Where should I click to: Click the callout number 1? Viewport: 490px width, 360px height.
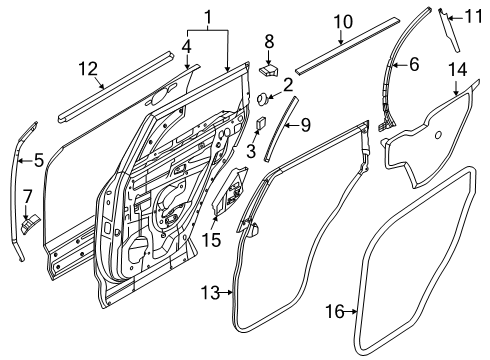207,17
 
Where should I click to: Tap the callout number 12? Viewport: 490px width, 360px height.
89,67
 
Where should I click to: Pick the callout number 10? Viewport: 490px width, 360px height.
342,21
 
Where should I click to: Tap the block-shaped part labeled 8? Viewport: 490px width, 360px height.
269,69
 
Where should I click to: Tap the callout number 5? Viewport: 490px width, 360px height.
38,158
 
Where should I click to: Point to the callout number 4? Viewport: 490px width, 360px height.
186,45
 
